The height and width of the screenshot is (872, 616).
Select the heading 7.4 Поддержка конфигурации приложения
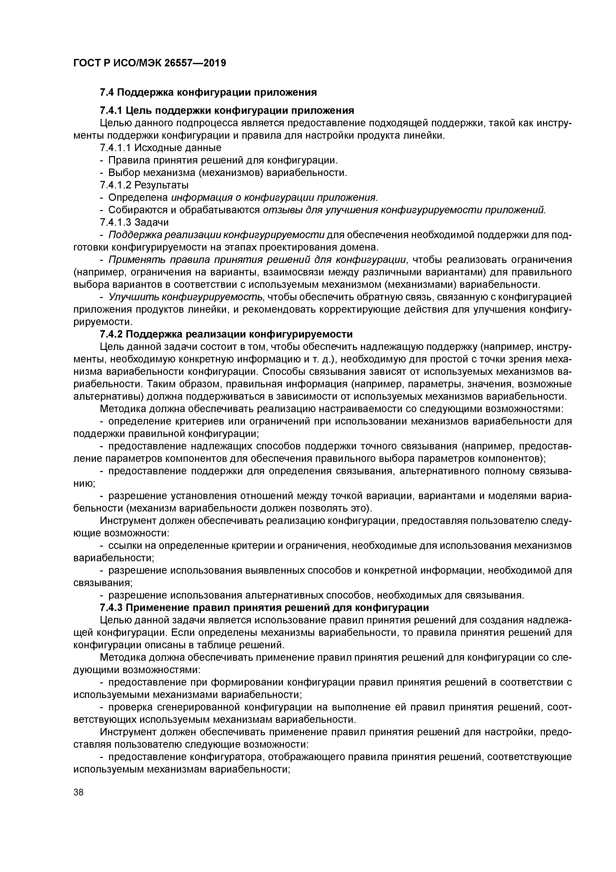coord(208,92)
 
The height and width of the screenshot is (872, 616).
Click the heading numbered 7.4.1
coord(227,111)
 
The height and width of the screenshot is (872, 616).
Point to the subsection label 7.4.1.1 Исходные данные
coord(160,147)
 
